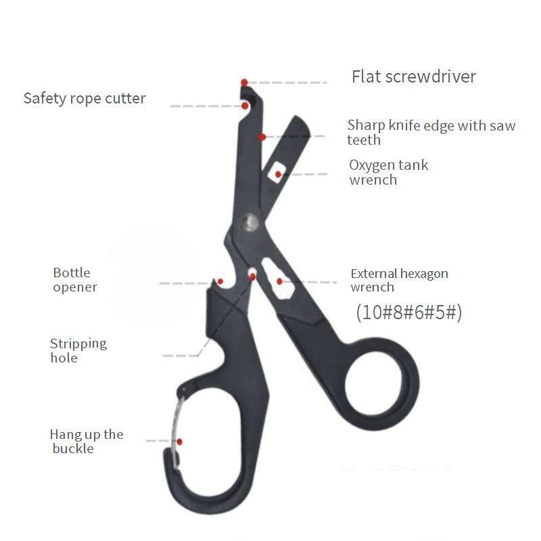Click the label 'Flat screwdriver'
(413, 76)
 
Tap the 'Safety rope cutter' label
(85, 98)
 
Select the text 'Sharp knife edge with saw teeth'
(431, 133)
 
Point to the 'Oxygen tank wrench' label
(388, 172)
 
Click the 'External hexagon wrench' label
(399, 280)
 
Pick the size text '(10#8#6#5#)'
(408, 312)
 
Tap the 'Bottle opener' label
(74, 280)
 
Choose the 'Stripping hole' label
(78, 350)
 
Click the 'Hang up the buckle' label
(86, 441)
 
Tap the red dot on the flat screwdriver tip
(245, 81)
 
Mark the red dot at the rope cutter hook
(245, 105)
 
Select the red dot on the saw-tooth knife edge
(262, 137)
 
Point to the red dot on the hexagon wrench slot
(279, 281)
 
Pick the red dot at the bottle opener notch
(220, 281)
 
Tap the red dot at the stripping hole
(252, 276)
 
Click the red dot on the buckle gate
(180, 441)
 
